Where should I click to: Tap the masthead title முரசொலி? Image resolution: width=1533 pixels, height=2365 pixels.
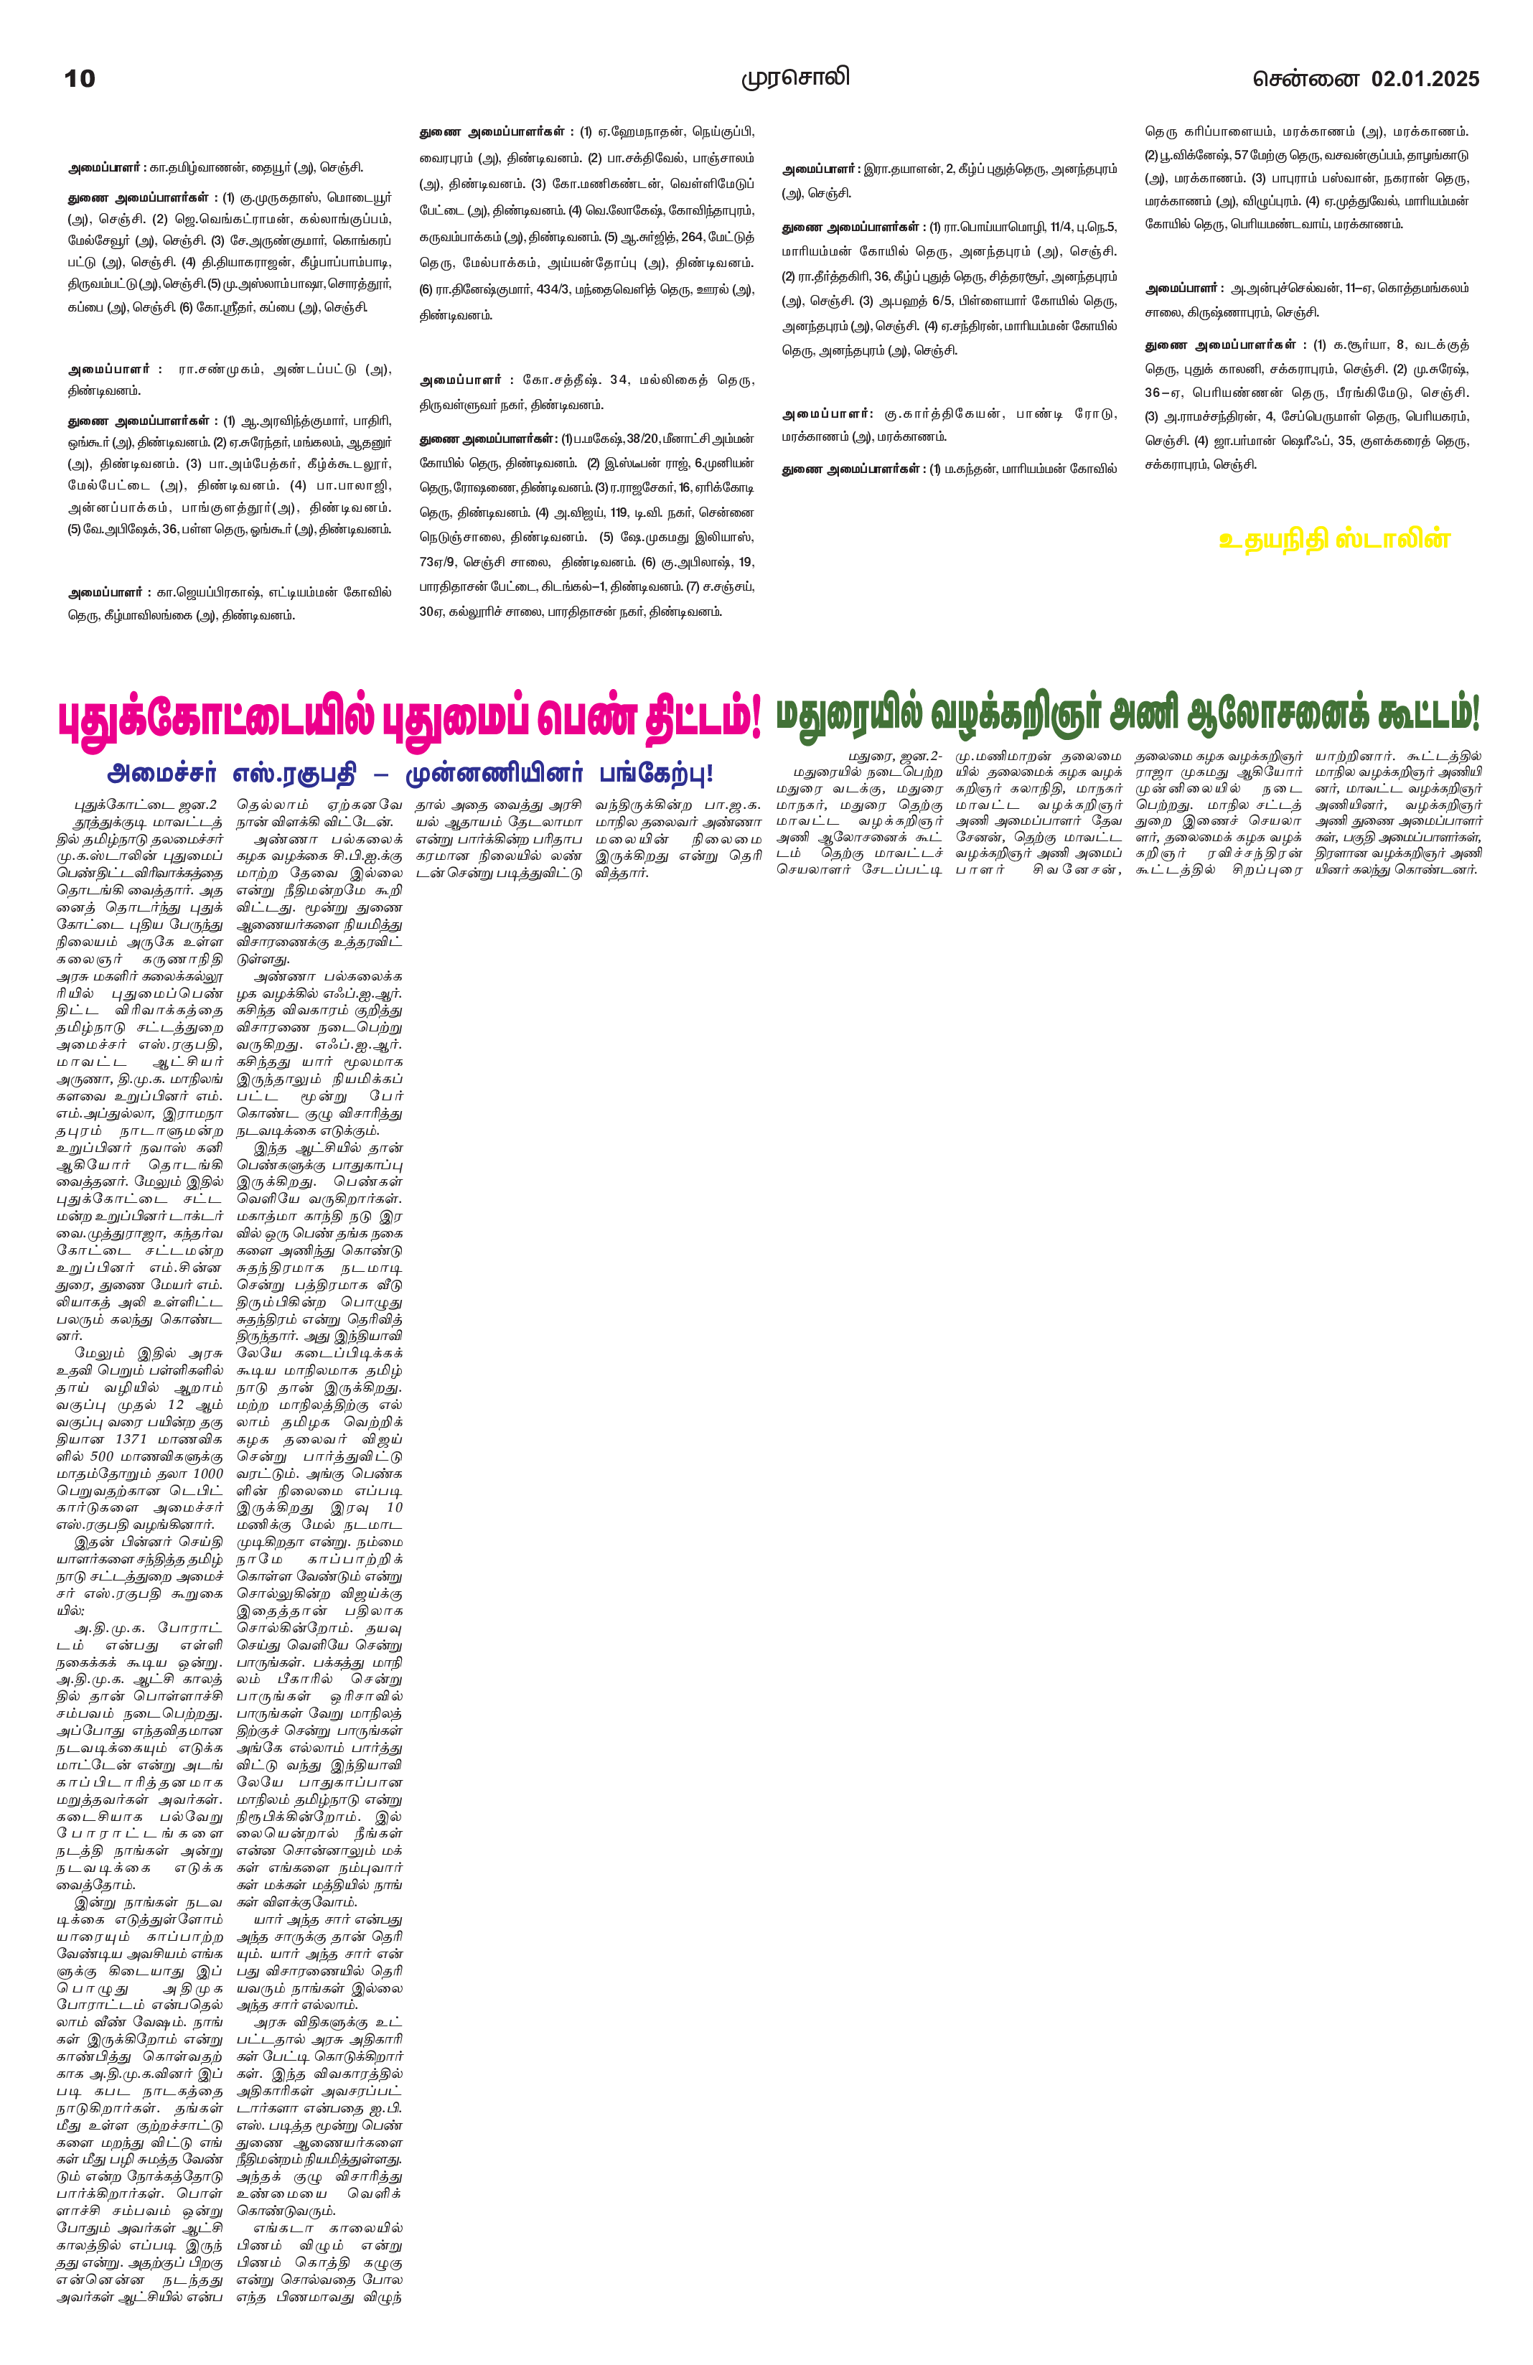pyautogui.click(x=794, y=78)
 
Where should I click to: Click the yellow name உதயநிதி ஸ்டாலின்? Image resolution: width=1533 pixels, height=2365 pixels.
pyautogui.click(x=1334, y=540)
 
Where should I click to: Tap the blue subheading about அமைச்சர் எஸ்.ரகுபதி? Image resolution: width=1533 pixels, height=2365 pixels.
pyautogui.click(x=409, y=773)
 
